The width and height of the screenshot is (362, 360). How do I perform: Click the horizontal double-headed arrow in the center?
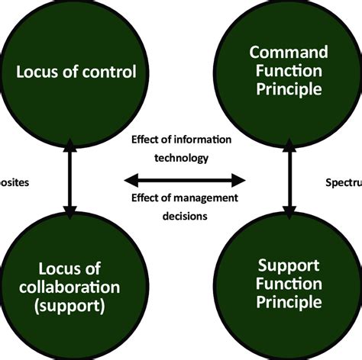pyautogui.click(x=185, y=181)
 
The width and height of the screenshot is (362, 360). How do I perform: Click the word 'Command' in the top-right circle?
pyautogui.click(x=289, y=53)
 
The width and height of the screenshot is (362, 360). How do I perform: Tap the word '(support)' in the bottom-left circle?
pyautogui.click(x=69, y=306)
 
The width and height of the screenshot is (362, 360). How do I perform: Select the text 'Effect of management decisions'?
pyautogui.click(x=184, y=206)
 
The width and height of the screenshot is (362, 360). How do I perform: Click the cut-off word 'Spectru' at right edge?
pyautogui.click(x=343, y=183)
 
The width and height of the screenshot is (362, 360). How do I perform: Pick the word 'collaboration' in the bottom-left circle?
pyautogui.click(x=69, y=288)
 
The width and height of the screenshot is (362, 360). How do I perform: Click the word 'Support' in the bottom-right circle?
pyautogui.click(x=289, y=267)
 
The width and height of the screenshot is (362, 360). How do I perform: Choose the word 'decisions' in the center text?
pyautogui.click(x=184, y=214)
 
